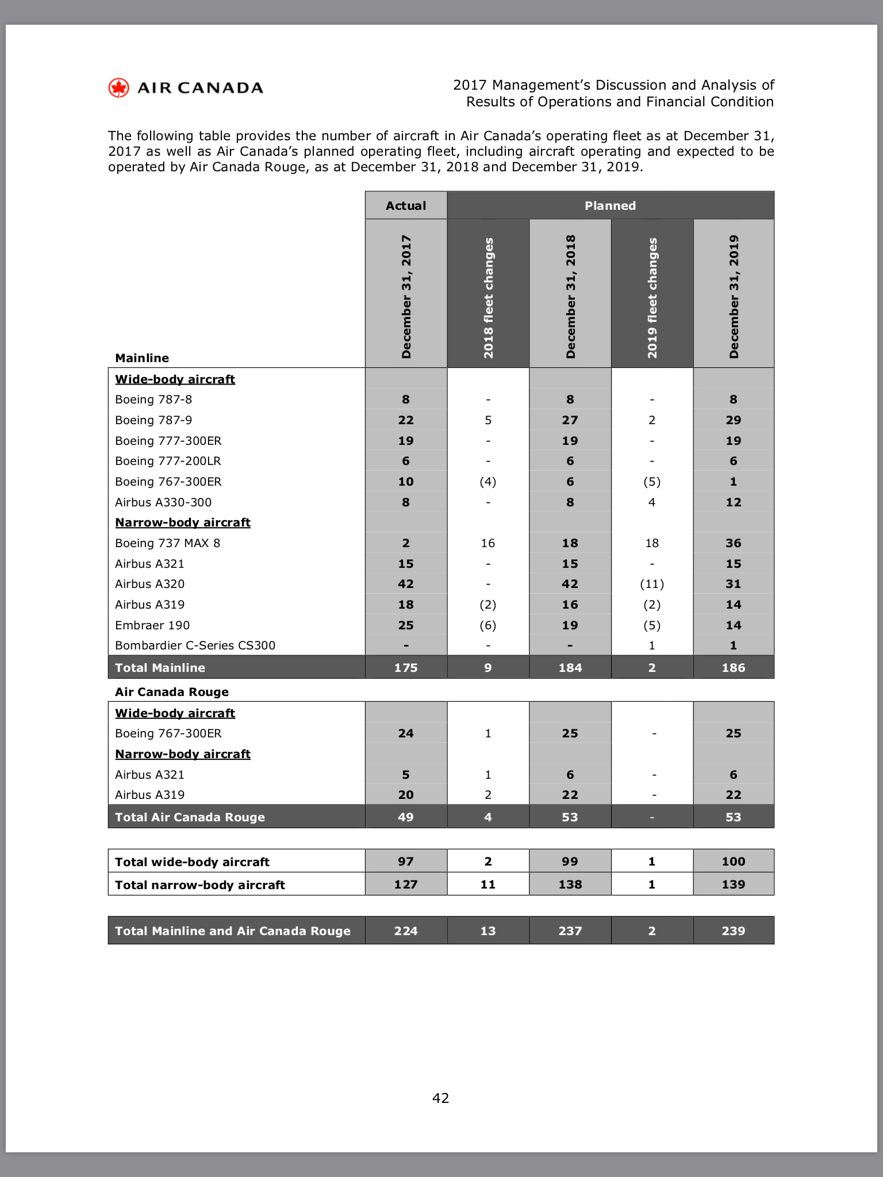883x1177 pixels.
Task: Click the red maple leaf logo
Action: coord(119,88)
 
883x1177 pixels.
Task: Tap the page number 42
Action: coord(441,1098)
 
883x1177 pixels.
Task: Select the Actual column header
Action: coord(406,206)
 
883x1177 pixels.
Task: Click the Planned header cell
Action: coord(610,206)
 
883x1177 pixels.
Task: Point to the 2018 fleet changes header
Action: coord(488,297)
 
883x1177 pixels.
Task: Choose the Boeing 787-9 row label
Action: coord(153,420)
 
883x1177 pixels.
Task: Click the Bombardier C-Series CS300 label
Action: coord(195,645)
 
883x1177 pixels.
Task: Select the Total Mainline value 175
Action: coord(406,668)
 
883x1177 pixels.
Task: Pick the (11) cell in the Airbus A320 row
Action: coord(652,584)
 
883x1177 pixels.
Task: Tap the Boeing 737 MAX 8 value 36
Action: coord(734,543)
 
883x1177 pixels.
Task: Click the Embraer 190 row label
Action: coord(152,625)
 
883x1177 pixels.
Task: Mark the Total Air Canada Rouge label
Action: coord(190,817)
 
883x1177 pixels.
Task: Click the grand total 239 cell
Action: coord(734,931)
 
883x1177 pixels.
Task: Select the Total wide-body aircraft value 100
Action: coord(734,861)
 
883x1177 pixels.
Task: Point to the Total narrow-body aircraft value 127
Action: coord(406,884)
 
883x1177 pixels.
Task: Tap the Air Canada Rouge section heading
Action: coord(172,692)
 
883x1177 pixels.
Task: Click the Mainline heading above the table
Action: coord(142,358)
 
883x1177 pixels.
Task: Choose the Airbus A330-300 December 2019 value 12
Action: coord(734,502)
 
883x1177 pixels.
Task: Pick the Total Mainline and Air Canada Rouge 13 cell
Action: coord(488,931)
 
